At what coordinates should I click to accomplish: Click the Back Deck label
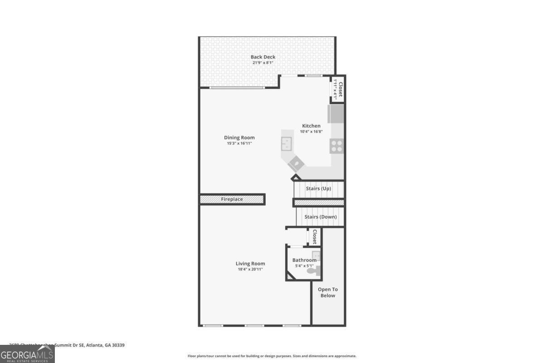(x=263, y=57)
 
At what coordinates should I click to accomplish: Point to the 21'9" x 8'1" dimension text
(x=263, y=63)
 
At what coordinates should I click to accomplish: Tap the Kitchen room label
(x=311, y=126)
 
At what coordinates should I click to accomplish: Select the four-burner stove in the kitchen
(x=337, y=146)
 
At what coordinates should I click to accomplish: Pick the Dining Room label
(x=239, y=137)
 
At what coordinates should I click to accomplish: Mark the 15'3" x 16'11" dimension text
(x=239, y=143)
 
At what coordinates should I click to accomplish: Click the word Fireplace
(x=232, y=199)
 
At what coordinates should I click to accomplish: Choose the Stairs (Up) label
(x=318, y=188)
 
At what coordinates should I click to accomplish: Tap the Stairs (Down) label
(x=321, y=217)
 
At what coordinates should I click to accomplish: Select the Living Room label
(x=250, y=263)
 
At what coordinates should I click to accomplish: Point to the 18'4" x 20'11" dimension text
(x=250, y=269)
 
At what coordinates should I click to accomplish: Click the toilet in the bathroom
(x=314, y=271)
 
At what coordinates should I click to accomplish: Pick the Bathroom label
(x=304, y=260)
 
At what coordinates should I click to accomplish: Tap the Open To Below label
(x=328, y=292)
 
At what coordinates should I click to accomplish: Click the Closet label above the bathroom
(x=314, y=236)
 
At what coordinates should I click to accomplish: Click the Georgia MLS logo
(x=27, y=353)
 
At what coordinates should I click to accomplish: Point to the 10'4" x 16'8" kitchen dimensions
(x=311, y=132)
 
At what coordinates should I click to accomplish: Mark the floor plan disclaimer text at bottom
(x=272, y=356)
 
